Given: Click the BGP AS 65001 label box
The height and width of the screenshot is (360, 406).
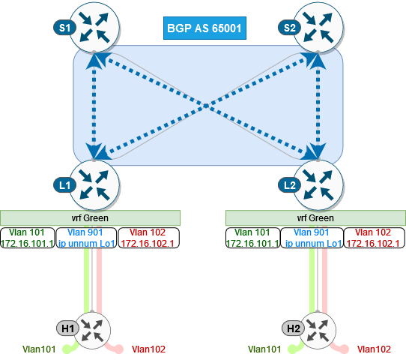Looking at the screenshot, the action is point(204,28).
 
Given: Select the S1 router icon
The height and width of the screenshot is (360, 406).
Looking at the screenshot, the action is point(94,28).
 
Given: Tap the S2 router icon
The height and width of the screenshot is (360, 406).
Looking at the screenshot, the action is point(319,28).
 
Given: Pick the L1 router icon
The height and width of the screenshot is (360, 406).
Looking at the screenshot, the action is point(94,185).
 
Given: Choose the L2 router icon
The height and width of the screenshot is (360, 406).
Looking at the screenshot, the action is point(319,185).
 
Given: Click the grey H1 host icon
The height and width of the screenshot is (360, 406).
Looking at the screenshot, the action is point(92,330).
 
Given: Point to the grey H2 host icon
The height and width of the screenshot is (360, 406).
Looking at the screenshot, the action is point(318,330).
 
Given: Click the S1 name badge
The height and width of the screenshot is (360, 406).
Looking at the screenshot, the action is point(64,28).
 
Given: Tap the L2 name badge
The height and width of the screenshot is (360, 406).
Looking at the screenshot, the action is point(289,185).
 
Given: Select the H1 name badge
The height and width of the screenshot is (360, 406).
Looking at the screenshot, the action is point(67,328).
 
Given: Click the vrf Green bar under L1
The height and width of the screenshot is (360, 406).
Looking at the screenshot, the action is point(90,218).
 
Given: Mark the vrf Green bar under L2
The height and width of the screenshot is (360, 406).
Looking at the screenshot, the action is point(315,218).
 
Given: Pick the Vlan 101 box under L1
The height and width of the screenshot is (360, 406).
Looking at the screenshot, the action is point(27,238).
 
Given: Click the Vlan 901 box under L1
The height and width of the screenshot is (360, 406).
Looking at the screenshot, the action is point(86,238).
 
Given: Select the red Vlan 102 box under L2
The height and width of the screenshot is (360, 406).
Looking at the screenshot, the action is point(374,238).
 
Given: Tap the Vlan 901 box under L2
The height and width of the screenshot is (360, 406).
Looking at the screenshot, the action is point(312,238).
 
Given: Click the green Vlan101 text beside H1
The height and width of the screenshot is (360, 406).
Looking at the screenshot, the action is point(39,349).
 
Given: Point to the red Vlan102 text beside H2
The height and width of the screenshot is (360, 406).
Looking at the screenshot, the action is point(374,349).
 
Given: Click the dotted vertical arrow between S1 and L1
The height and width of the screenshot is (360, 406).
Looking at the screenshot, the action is point(94,106).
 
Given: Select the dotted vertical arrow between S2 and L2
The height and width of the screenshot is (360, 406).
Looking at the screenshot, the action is point(318,106).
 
